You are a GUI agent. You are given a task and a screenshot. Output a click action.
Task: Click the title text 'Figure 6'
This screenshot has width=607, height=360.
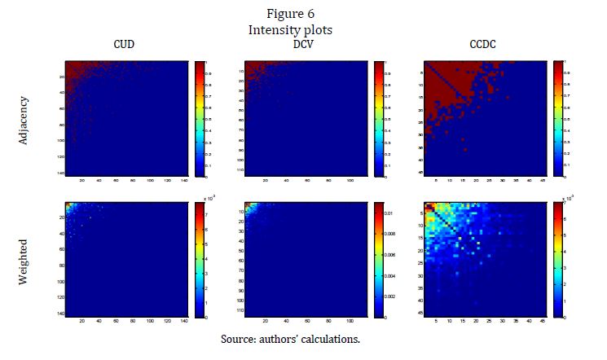click(303, 14)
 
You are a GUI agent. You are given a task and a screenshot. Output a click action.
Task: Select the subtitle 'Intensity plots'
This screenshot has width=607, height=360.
click(303, 29)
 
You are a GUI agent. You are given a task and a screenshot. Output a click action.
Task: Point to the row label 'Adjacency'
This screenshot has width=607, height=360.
click(24, 118)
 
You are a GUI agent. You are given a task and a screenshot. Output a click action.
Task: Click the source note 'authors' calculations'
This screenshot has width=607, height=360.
click(303, 337)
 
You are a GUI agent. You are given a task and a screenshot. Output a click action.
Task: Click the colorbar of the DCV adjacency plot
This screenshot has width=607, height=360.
click(378, 118)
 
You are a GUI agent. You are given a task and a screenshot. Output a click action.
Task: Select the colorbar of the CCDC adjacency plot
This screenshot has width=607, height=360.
click(558, 118)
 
